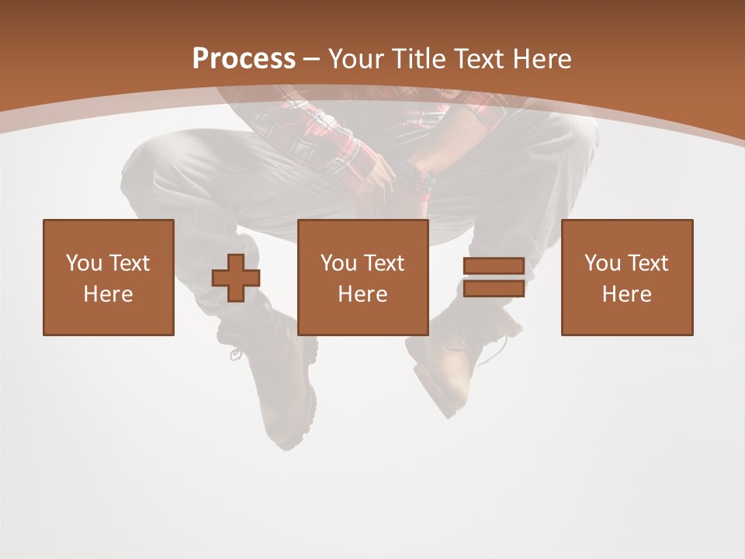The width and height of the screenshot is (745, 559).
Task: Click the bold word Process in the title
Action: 244,59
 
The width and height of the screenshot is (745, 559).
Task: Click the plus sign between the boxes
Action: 236,278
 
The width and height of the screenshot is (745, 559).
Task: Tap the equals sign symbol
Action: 494,277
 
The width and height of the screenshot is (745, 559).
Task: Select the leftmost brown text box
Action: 109,277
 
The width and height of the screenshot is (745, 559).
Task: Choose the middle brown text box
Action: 363,277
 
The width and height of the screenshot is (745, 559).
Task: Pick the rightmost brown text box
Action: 627,277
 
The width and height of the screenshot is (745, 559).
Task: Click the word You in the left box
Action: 84,263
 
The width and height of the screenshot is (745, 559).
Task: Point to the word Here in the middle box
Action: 363,294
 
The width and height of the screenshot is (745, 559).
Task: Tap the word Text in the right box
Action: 647,263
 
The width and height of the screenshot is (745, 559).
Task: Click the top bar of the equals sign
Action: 494,266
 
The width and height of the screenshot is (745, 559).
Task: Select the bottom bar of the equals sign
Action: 494,289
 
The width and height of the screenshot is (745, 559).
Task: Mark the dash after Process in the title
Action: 312,59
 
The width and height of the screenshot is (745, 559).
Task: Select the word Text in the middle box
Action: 383,263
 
